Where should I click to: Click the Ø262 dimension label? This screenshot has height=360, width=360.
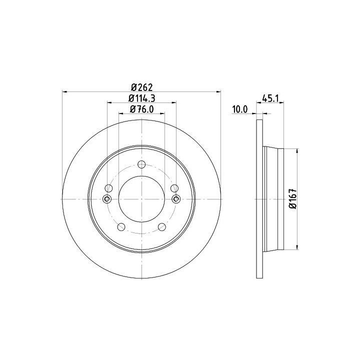141,87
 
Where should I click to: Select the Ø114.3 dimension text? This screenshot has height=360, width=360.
142,98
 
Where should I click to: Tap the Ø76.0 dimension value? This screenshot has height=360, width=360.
142,109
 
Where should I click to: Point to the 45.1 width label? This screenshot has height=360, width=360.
270,98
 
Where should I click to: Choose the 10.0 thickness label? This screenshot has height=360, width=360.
240,109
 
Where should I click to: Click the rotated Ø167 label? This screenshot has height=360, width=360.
292,199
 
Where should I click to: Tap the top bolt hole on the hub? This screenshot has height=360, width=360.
141,164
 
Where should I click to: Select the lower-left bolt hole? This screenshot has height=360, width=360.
121,227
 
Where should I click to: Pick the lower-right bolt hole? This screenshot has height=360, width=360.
162,227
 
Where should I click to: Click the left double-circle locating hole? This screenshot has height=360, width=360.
107,199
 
